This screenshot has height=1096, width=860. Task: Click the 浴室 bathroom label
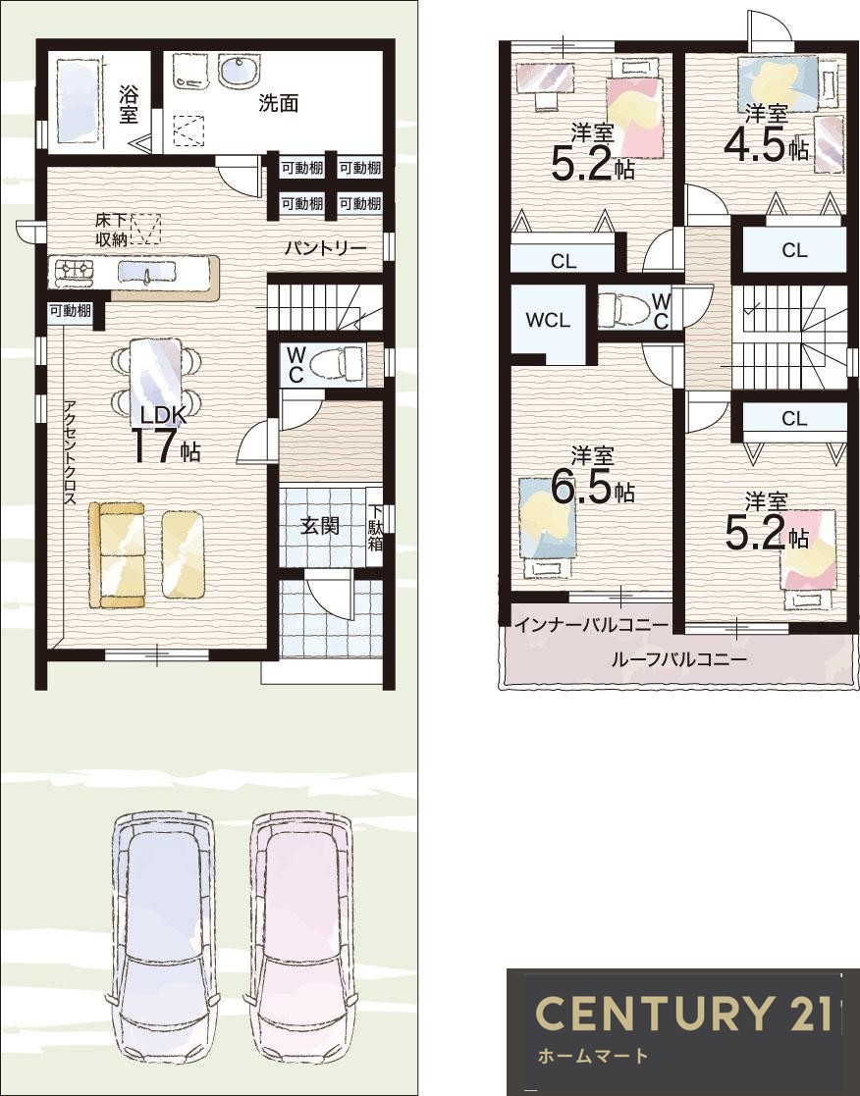tap(129, 103)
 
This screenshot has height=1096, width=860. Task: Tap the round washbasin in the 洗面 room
tap(240, 71)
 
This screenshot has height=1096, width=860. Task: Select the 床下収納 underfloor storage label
tap(111, 229)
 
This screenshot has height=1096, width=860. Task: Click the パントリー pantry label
tap(325, 249)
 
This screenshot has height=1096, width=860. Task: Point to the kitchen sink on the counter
tap(147, 271)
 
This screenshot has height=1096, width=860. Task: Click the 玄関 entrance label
tap(320, 525)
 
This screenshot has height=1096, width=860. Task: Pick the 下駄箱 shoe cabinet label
tap(375, 527)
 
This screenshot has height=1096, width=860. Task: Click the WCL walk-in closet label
tap(548, 321)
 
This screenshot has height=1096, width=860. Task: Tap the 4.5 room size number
tap(757, 145)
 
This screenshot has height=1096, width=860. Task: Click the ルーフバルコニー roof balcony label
tap(679, 659)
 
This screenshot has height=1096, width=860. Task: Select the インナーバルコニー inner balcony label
tap(592, 625)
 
